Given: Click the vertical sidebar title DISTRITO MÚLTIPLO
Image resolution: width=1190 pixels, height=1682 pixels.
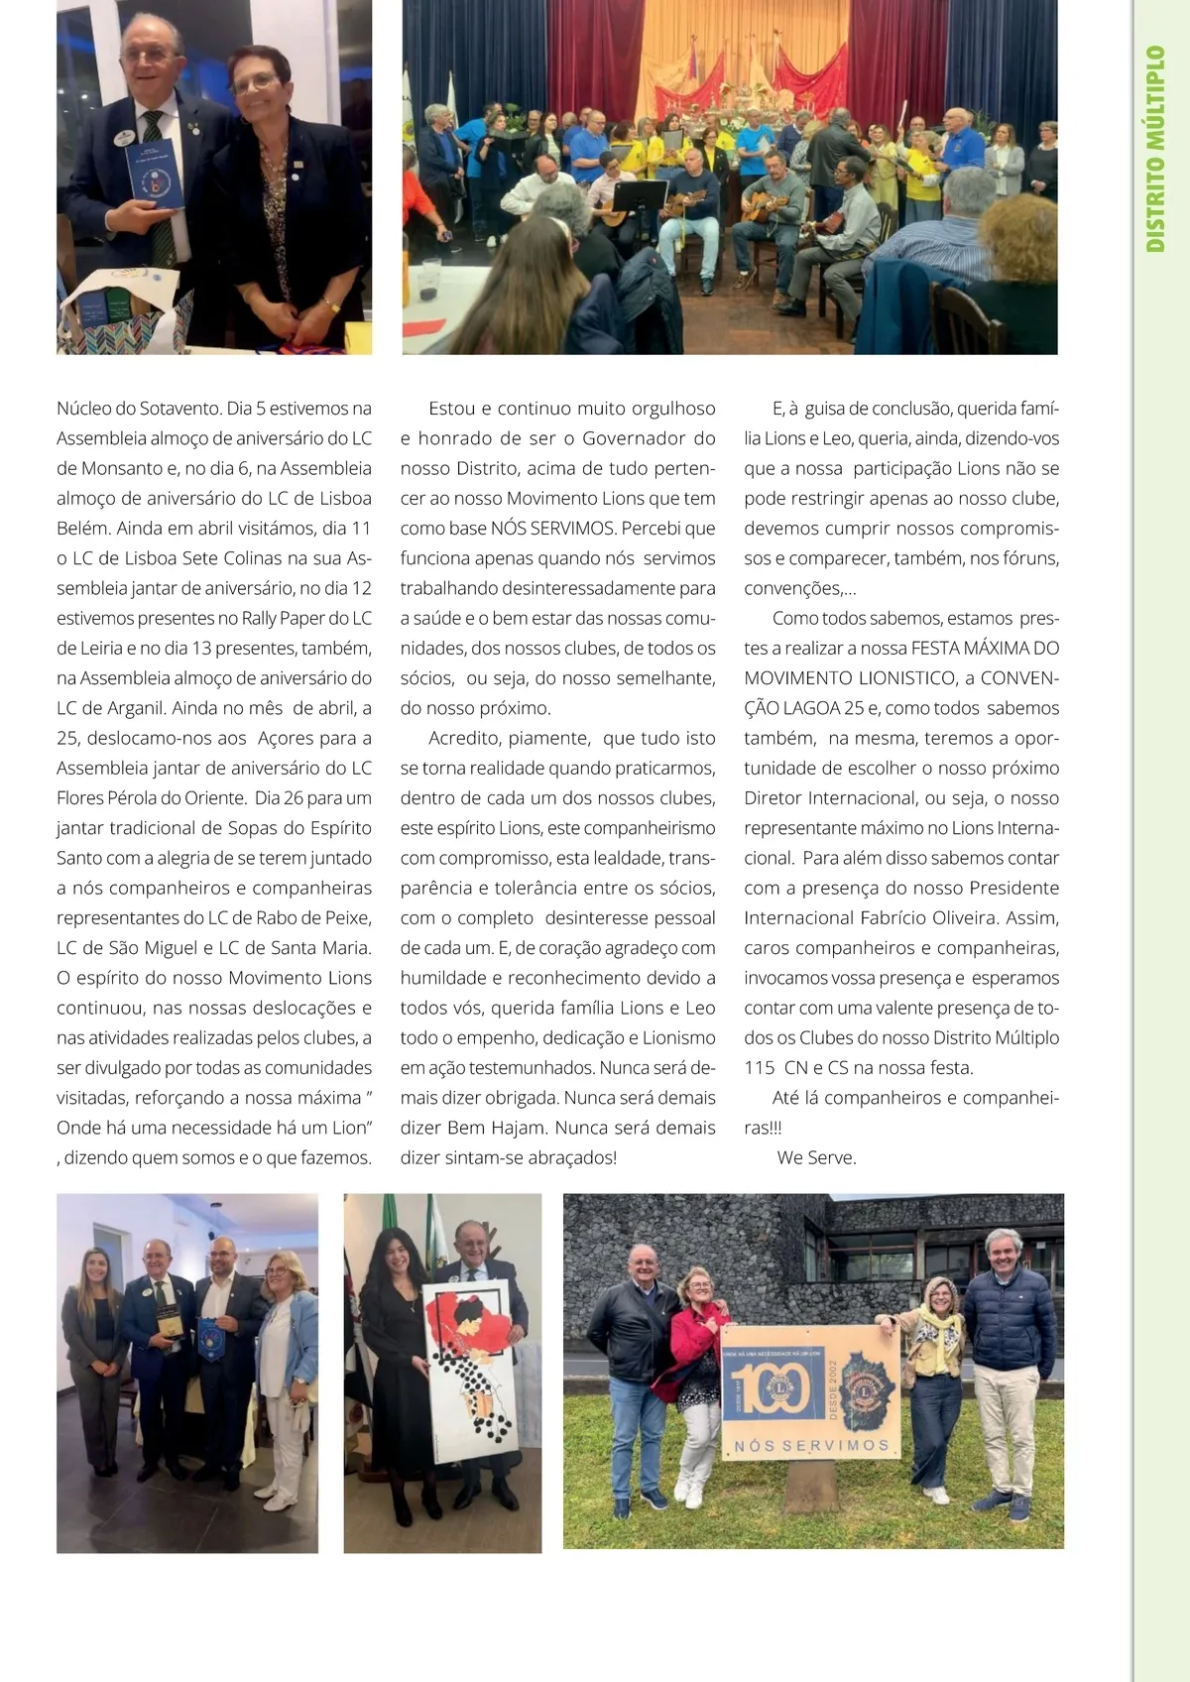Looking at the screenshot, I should [1155, 149].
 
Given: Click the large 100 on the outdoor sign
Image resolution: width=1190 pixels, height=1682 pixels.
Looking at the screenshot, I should [764, 1387].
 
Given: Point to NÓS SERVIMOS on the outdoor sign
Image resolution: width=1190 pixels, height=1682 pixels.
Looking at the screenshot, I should [811, 1446].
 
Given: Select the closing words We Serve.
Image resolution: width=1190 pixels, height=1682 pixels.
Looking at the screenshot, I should [816, 1157].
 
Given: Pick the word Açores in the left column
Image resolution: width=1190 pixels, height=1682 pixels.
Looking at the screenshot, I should [289, 738].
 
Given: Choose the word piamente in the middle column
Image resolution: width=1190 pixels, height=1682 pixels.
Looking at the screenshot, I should [548, 738].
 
